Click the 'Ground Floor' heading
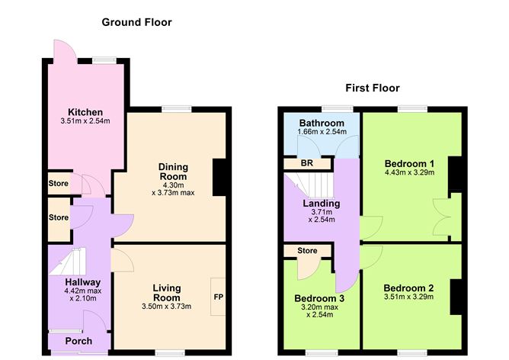pyautogui.click(x=136, y=22)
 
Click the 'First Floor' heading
pyautogui.click(x=372, y=88)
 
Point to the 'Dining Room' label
pyautogui.click(x=173, y=172)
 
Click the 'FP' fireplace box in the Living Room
pyautogui.click(x=218, y=297)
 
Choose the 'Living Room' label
pyautogui.click(x=166, y=292)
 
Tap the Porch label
pyautogui.click(x=78, y=341)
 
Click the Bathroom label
pyautogui.click(x=321, y=123)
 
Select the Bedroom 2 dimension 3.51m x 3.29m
pyautogui.click(x=409, y=297)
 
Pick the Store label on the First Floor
pyautogui.click(x=307, y=250)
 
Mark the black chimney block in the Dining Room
pyautogui.click(x=219, y=178)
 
